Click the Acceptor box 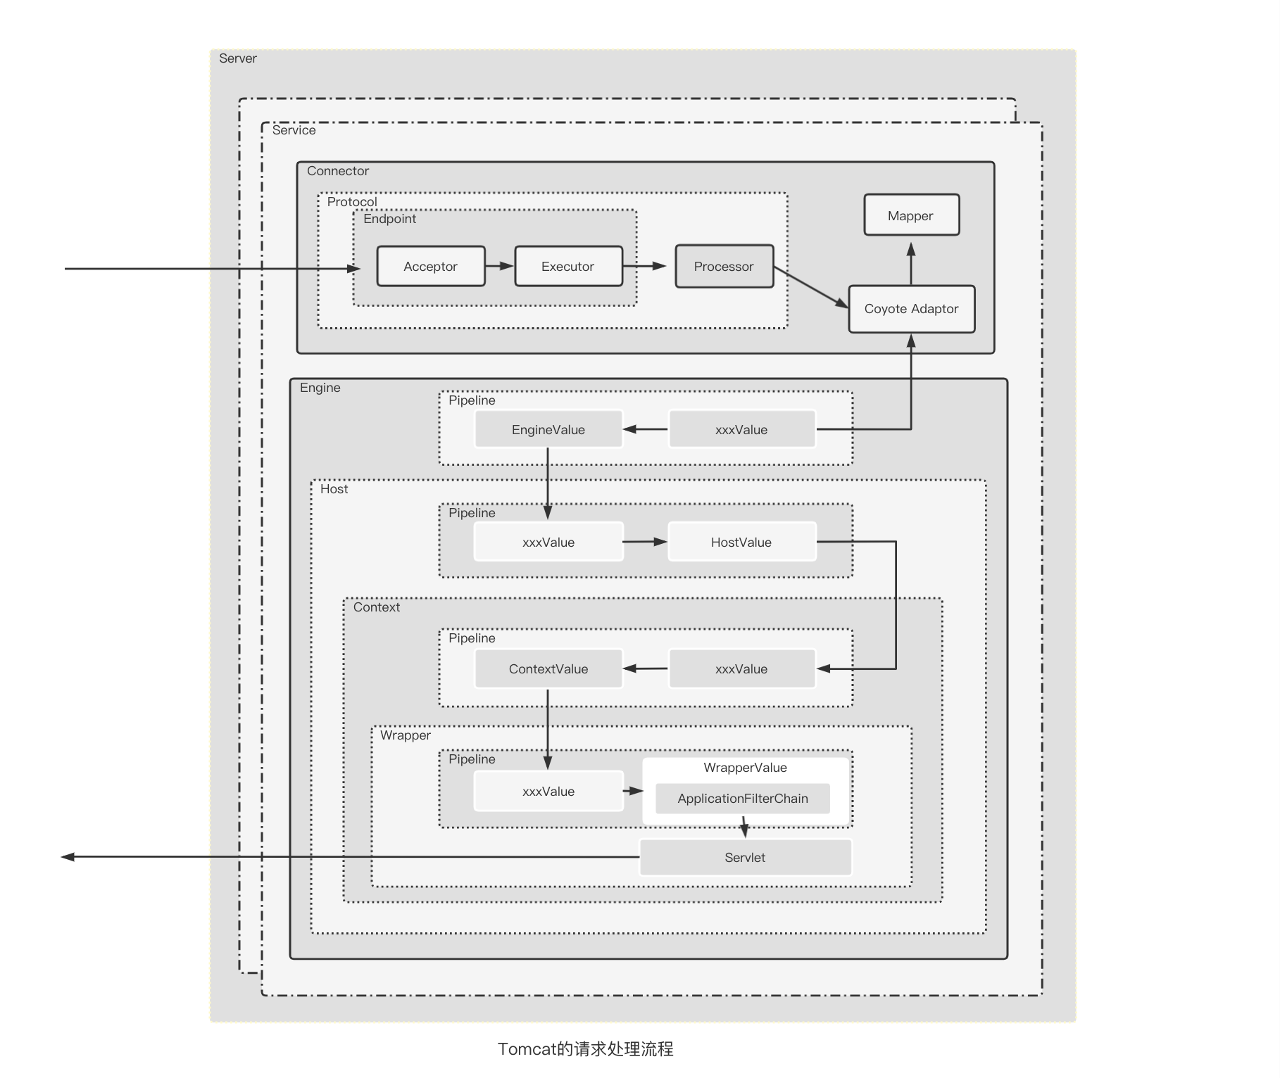[431, 266]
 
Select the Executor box [568, 266]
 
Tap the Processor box [724, 266]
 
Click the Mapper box [911, 215]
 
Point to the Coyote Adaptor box [911, 309]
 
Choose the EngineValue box [548, 429]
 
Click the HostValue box [741, 542]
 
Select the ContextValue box [548, 668]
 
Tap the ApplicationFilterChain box [742, 799]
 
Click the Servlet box [745, 857]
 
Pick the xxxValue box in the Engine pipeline [741, 429]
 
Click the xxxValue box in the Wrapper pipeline [548, 792]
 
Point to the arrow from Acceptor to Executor [500, 266]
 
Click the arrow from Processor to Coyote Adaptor [811, 288]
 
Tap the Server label [238, 58]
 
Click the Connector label [338, 171]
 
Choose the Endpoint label [389, 219]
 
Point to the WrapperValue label [745, 768]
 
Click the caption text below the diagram [585, 1049]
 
